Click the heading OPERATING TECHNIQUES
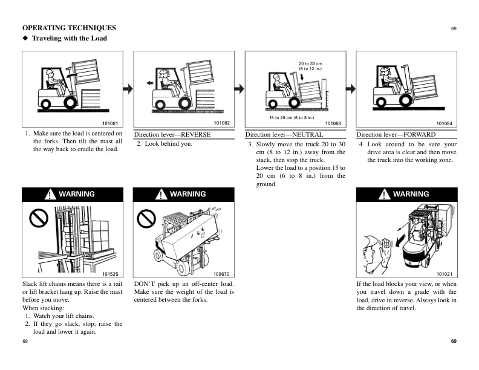coord(69,28)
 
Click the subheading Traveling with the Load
coord(69,38)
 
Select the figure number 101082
coord(222,123)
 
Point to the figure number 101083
coord(333,123)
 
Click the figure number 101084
coord(445,123)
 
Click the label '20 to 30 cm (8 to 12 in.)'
coord(310,66)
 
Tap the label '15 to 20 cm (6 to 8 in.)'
coord(292,117)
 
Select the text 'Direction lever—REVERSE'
coord(172,134)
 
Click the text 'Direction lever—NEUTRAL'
coord(284,134)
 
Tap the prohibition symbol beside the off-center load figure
coord(146,219)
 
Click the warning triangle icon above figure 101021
coord(383,194)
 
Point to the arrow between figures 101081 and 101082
coord(128,88)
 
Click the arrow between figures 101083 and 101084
coord(350,88)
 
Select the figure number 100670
coord(222,273)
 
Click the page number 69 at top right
coord(454,28)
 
